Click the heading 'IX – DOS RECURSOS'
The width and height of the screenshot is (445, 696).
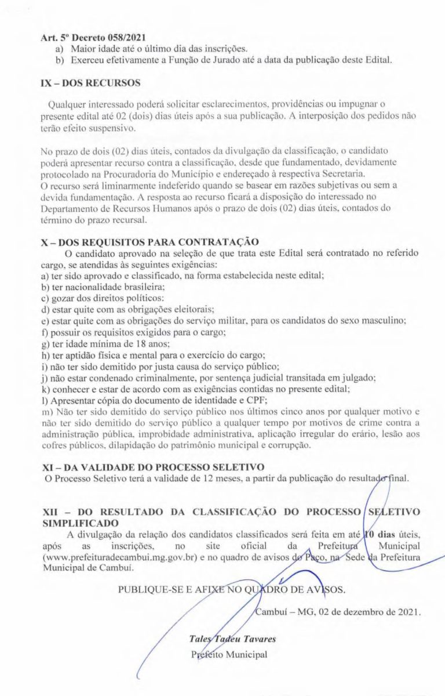pyautogui.click(x=90, y=83)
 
